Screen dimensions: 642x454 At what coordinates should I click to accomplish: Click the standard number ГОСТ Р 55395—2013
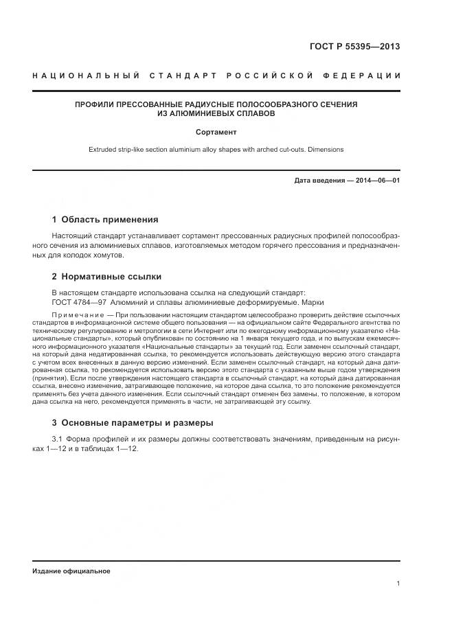click(x=355, y=47)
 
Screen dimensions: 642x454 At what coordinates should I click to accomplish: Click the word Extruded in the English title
click(x=103, y=149)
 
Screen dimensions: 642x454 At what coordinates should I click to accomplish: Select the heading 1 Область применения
click(x=105, y=220)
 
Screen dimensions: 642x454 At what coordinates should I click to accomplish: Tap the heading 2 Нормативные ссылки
click(x=106, y=277)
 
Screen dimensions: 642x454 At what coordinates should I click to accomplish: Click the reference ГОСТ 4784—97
click(x=78, y=303)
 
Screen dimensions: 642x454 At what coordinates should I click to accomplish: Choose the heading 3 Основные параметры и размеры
click(x=133, y=422)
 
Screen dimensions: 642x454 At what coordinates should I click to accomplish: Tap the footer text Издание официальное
click(x=71, y=571)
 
